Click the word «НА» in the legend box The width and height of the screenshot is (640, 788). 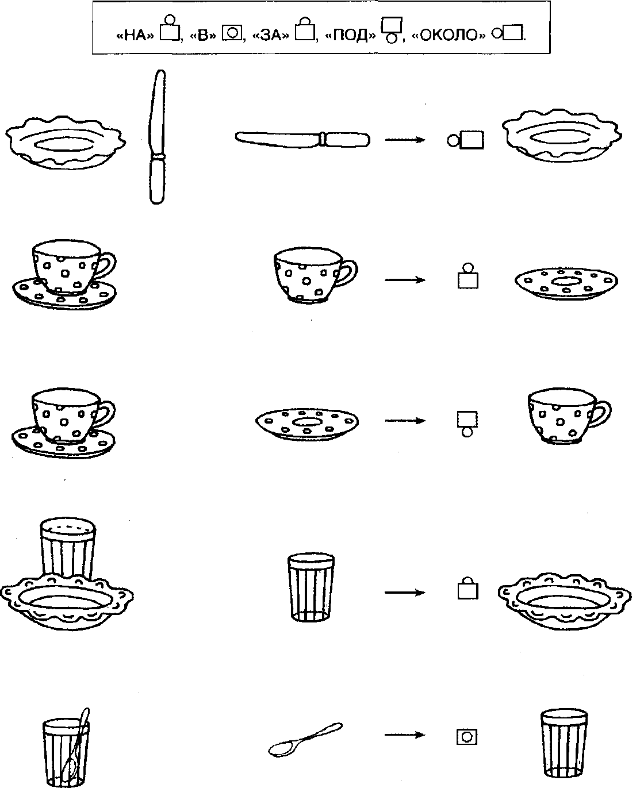tap(135, 35)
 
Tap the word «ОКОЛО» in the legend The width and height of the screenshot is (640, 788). tap(449, 35)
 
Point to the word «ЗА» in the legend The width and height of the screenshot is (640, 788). tap(271, 35)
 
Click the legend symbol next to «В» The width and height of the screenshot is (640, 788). tap(232, 33)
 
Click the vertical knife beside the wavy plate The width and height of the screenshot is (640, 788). tap(157, 137)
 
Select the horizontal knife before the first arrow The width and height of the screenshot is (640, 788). tap(302, 140)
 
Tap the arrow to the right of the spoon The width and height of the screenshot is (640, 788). tap(405, 735)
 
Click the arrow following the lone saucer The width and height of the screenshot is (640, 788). tap(405, 421)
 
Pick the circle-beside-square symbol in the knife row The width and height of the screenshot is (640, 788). tap(466, 140)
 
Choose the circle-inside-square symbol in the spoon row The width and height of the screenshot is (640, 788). tap(467, 737)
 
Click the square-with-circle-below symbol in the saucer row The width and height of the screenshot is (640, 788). tap(467, 424)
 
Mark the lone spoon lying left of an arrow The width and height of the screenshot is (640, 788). tap(305, 739)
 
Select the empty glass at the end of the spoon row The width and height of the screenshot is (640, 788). tap(564, 743)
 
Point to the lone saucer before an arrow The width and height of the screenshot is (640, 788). tap(307, 424)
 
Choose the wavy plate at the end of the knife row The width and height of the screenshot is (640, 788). tap(562, 136)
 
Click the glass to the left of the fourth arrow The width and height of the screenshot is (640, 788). tap(311, 587)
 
